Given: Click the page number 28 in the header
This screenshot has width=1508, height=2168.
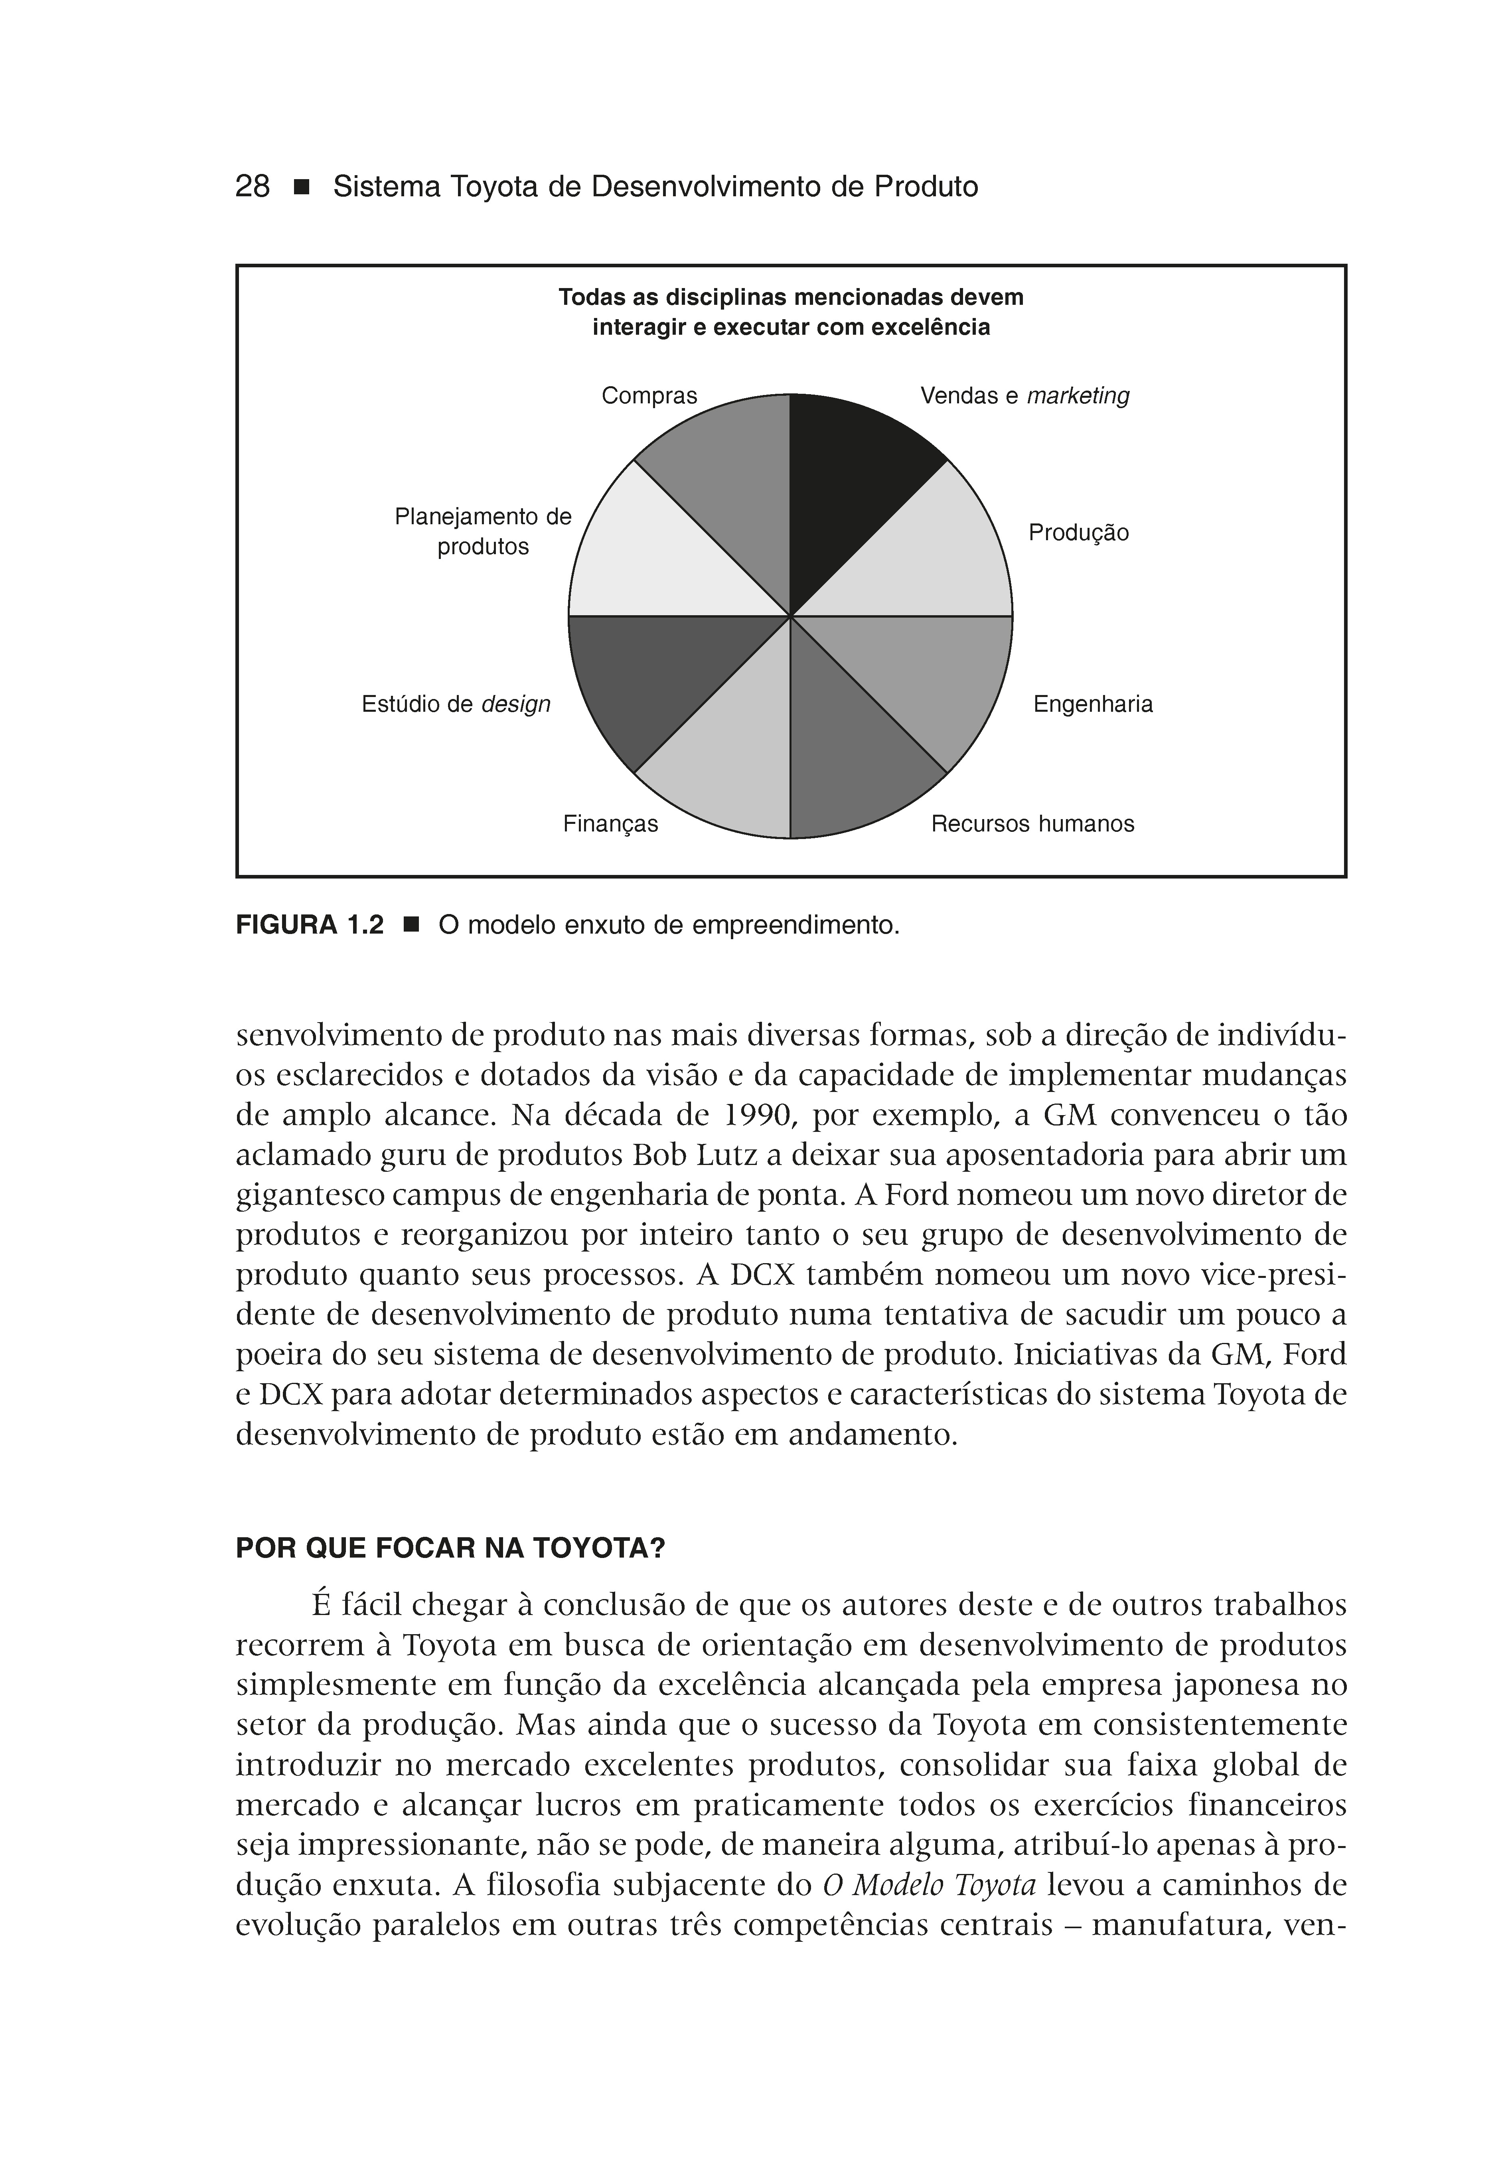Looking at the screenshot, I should (x=252, y=187).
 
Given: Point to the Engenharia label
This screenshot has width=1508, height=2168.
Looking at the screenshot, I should (x=1093, y=705).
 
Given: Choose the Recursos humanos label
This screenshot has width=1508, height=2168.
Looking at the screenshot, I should (x=1032, y=824).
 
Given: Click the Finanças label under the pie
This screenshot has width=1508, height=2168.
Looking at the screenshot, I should (x=610, y=824).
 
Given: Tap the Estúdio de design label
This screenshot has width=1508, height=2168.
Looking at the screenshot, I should (x=455, y=705).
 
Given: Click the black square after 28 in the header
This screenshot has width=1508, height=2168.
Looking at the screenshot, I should (x=301, y=187).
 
